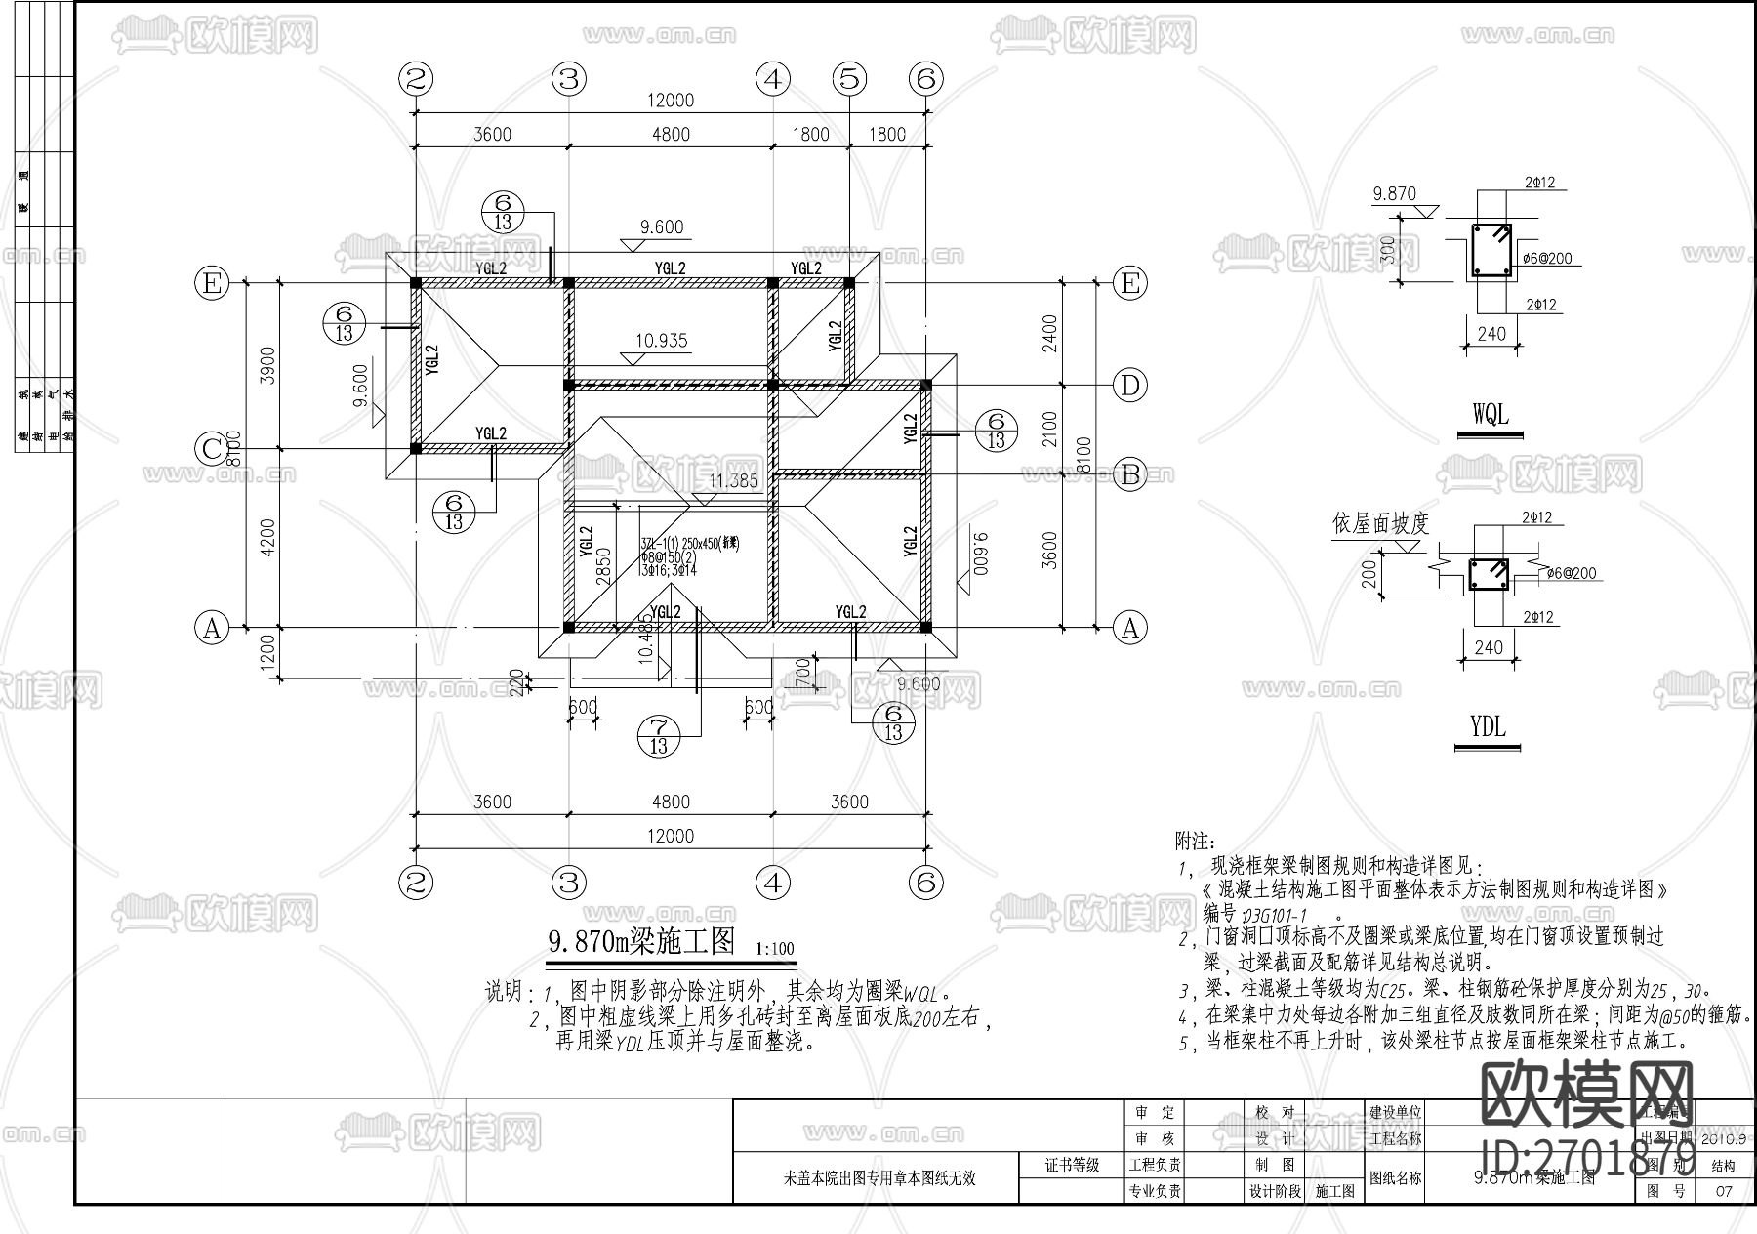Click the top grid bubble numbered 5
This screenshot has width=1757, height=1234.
coord(849,78)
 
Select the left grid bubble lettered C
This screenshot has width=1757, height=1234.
coord(211,449)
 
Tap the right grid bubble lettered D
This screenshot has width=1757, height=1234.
coord(1130,386)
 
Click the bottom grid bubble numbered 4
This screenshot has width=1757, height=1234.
coord(773,884)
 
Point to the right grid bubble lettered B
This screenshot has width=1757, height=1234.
coord(1130,474)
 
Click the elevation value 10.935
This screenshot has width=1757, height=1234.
coord(661,341)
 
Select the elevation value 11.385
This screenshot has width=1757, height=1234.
coord(733,480)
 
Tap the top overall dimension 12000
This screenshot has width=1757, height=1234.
coord(670,101)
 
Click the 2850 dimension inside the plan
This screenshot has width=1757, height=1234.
coord(604,566)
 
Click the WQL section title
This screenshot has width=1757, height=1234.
coord(1490,414)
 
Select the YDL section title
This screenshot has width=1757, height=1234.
coord(1488,727)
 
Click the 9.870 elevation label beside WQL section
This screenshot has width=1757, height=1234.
coord(1394,193)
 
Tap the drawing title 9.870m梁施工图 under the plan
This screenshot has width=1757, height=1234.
coord(640,941)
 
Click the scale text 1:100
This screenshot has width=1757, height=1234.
coord(775,948)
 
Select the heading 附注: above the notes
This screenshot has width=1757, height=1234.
coord(1194,840)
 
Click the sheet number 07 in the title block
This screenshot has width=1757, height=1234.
coord(1724,1191)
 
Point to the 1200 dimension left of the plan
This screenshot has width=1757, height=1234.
coord(268,651)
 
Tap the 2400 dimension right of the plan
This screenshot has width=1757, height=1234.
coord(1049,333)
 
